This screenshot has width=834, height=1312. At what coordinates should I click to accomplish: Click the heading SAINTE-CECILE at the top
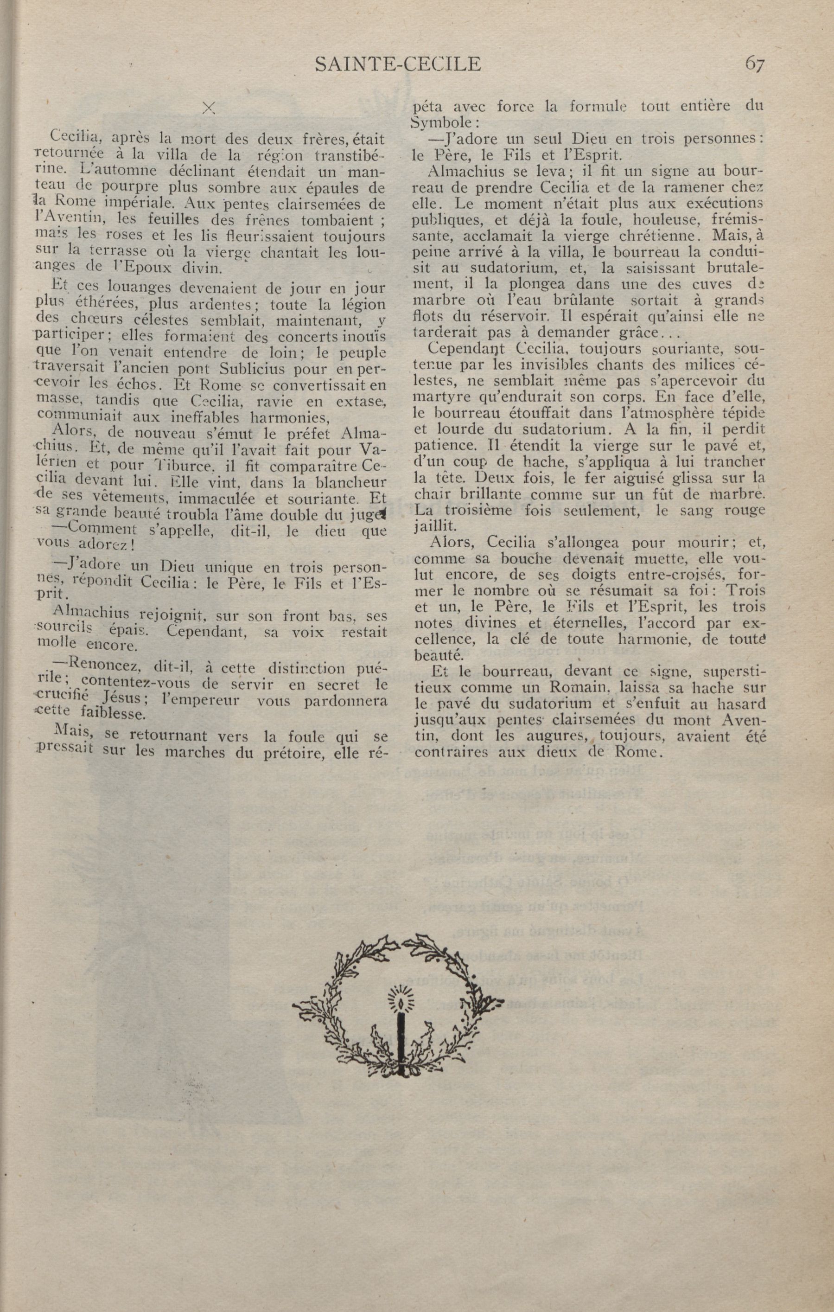click(398, 65)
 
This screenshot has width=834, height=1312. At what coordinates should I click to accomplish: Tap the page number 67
click(754, 64)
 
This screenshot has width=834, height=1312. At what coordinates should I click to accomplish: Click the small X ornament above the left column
click(208, 108)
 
